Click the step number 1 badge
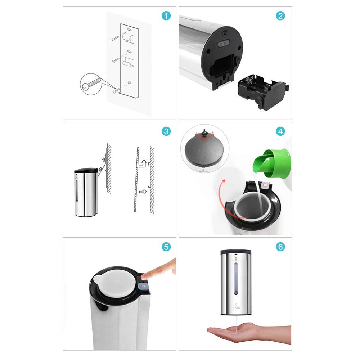coord(166,16)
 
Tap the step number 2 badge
coord(281,16)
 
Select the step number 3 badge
coord(166,131)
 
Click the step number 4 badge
coord(281,131)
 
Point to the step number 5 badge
coord(166,247)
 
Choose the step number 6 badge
coord(281,247)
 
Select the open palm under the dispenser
coord(234,331)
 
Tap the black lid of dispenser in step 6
coord(235,251)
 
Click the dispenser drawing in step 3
coord(86,193)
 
